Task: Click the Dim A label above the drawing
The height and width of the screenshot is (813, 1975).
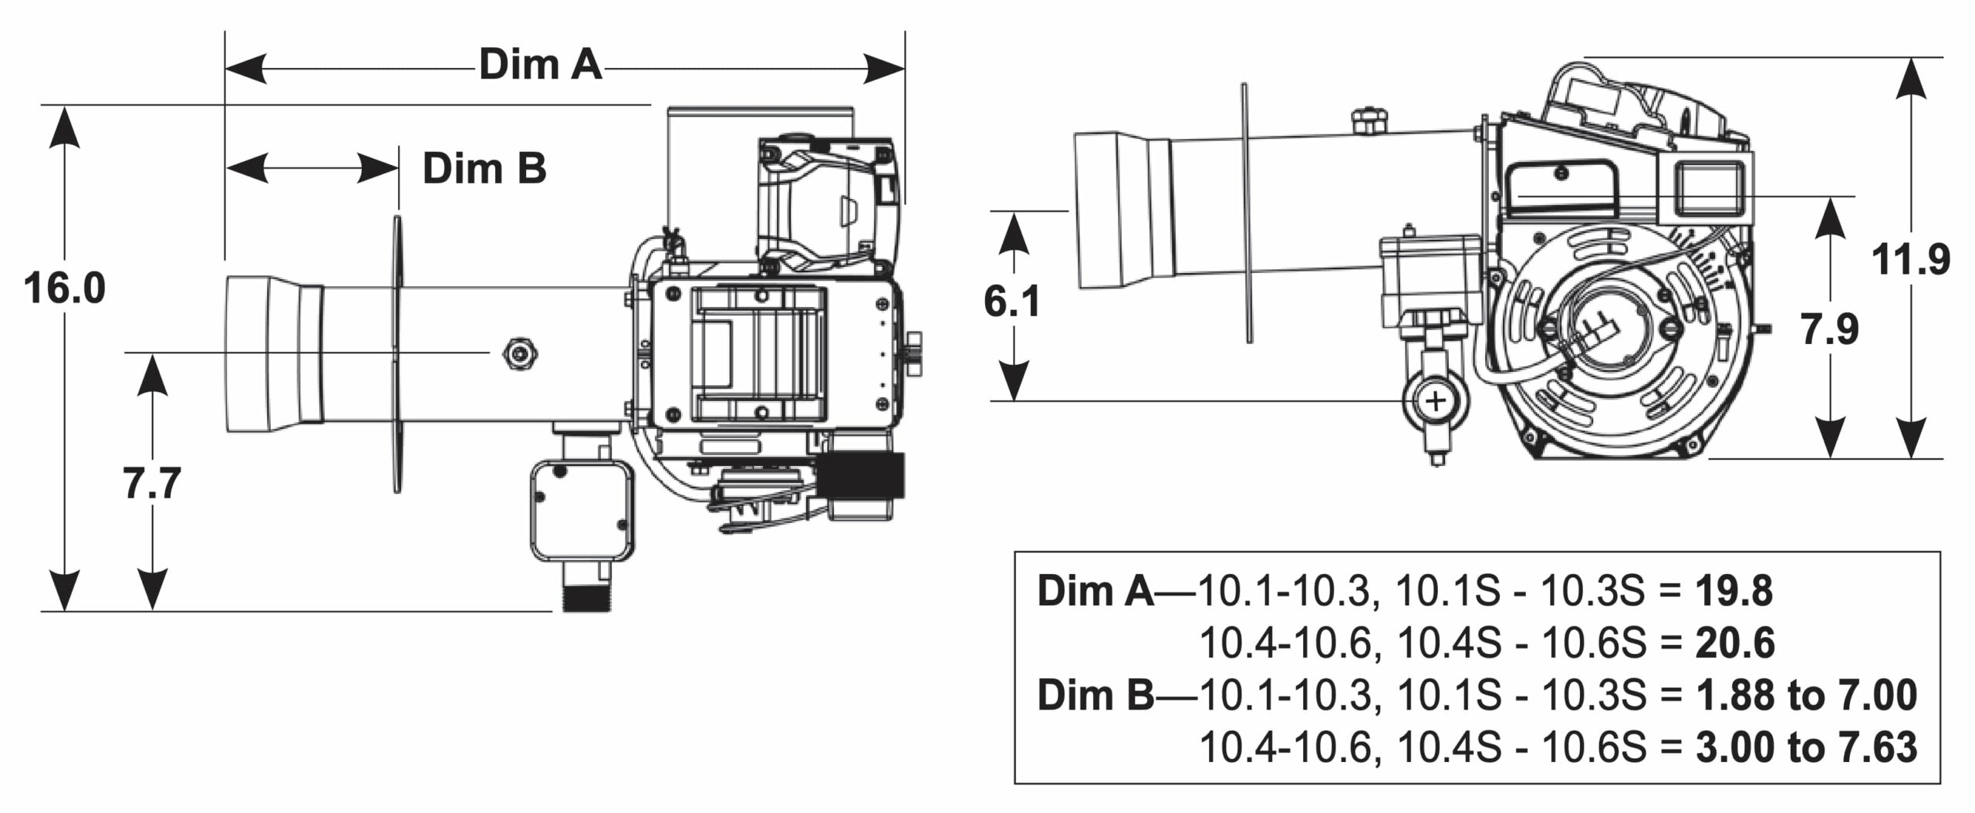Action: [540, 65]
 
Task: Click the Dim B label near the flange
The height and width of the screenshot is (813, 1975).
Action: [484, 168]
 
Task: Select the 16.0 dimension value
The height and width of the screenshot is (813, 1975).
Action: [64, 288]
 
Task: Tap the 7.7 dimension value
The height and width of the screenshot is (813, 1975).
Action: [152, 484]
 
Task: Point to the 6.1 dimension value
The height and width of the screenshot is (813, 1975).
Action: [1011, 302]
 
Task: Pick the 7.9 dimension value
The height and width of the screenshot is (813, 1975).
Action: [1829, 330]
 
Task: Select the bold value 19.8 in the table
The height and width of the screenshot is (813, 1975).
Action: [1734, 592]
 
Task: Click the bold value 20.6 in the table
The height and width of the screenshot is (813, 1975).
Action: [1734, 643]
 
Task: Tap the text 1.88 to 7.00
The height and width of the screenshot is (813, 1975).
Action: [1805, 695]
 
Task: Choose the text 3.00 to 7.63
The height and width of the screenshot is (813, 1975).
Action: [1805, 747]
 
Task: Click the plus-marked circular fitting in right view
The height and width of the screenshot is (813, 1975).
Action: [1436, 402]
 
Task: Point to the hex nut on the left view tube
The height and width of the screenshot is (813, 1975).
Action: [519, 353]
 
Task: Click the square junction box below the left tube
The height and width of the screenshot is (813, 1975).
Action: [582, 510]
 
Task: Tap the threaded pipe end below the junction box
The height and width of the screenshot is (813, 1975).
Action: [586, 599]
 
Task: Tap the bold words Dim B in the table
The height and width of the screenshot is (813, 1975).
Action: [1095, 695]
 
